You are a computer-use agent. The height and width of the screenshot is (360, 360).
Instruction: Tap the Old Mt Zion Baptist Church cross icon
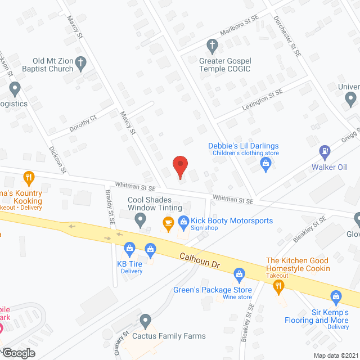point(80,62)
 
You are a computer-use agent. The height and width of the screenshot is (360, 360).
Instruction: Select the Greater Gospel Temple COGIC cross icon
point(213,44)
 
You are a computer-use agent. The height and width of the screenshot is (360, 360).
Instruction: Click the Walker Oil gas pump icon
point(325,151)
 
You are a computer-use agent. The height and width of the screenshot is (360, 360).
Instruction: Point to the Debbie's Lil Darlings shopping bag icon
point(267,164)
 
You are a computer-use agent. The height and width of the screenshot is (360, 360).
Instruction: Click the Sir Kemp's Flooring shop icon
point(336,296)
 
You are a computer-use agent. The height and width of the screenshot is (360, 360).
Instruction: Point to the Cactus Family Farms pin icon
point(146,322)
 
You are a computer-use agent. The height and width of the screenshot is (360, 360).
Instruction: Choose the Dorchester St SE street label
point(289,34)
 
